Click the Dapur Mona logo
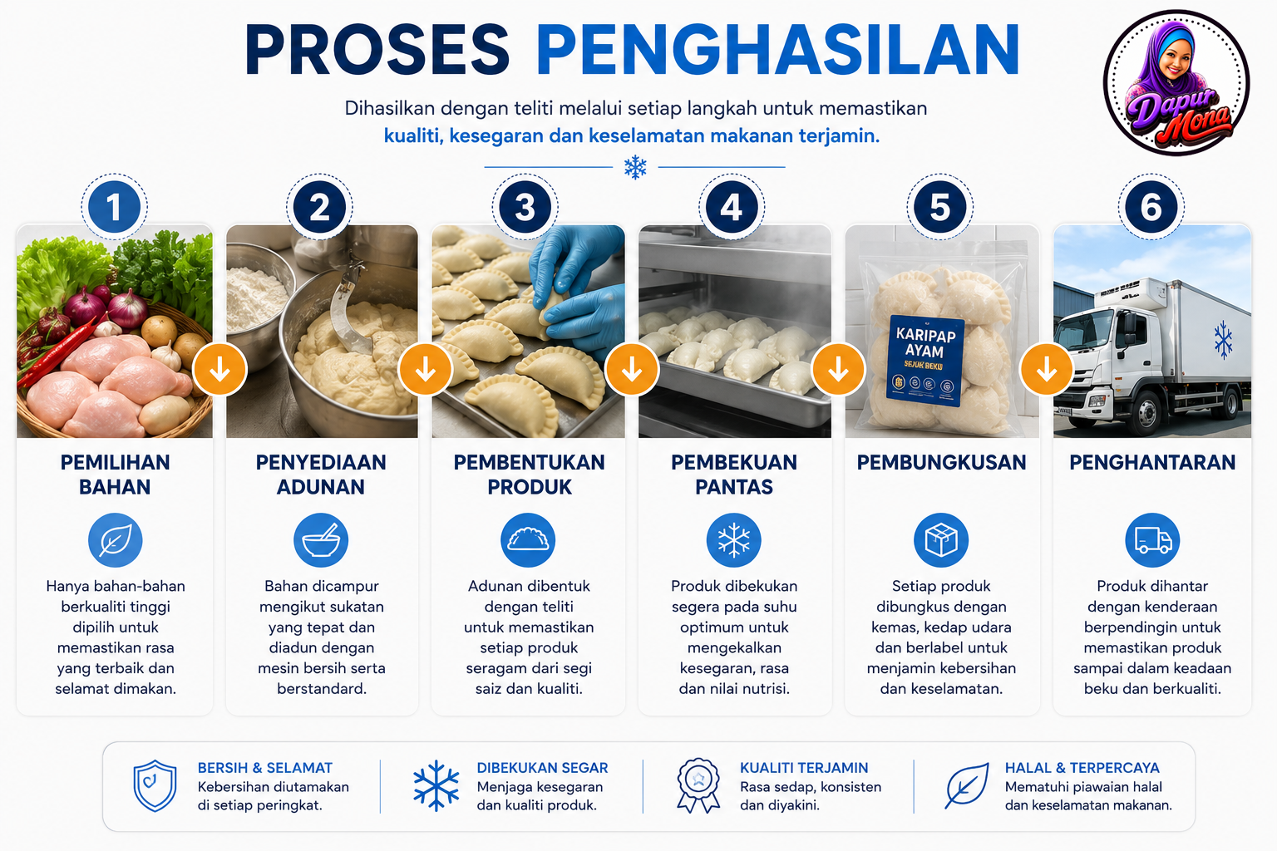coord(1176,82)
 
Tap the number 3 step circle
coord(525,207)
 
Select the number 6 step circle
coord(1151,207)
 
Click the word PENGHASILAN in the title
coord(777,50)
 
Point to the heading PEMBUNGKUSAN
coord(941,462)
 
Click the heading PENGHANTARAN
coord(1152,462)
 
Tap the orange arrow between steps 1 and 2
coord(219,369)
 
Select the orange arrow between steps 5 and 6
coord(1046,369)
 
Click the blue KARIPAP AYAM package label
coord(924,361)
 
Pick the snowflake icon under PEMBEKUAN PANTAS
coord(734,540)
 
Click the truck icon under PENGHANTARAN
coord(1152,540)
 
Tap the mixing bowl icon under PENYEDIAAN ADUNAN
coord(321,540)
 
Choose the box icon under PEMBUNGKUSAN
coord(941,540)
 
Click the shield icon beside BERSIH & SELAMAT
coord(155,785)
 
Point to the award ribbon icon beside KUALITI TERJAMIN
coord(698,785)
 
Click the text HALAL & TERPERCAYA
coord(1082,768)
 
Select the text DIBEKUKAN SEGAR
coord(542,768)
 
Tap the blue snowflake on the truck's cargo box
coord(1223,340)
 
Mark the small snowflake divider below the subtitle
coord(635,167)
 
